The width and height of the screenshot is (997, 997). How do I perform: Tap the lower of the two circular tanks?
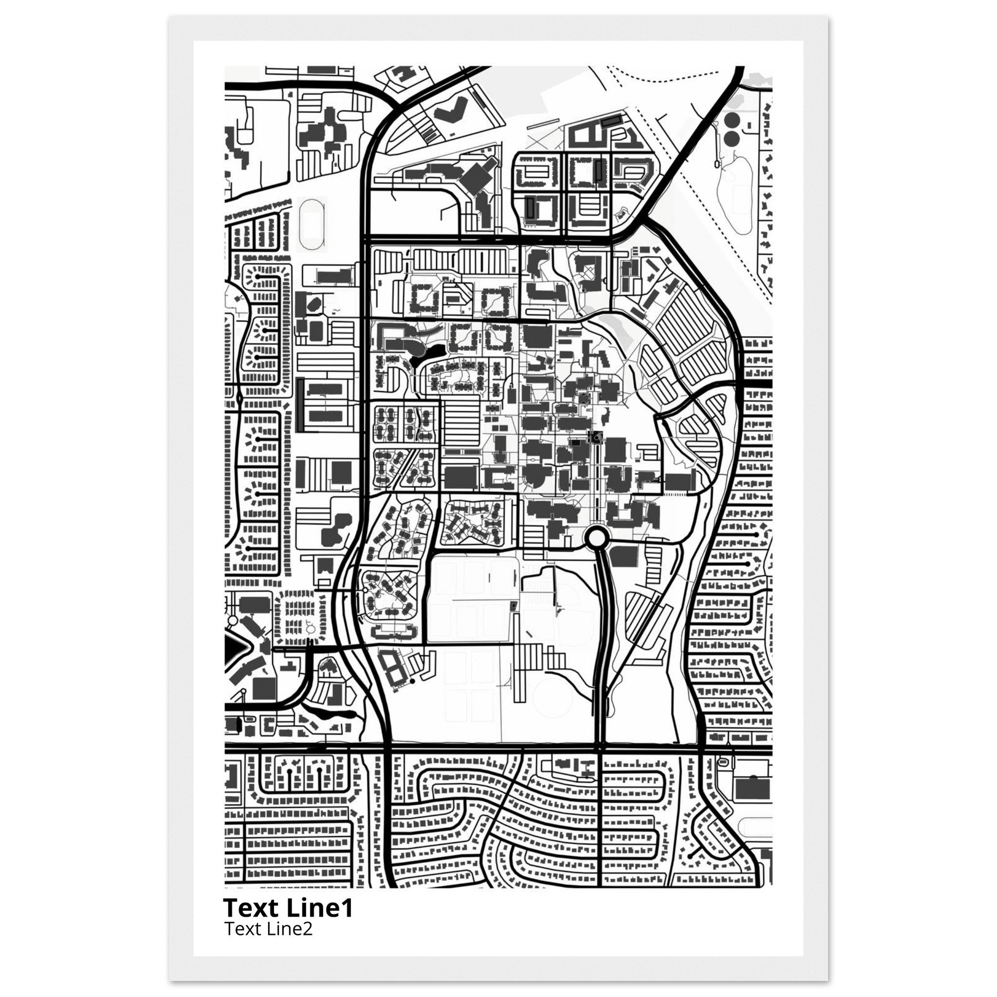731,138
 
